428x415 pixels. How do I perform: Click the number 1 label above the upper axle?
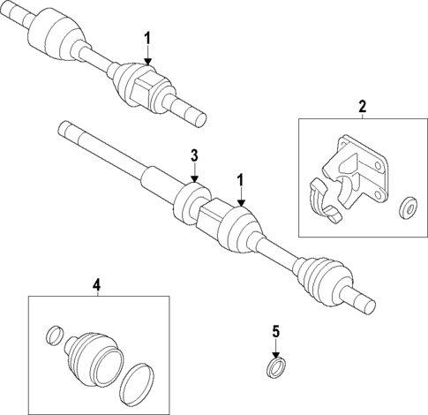[x=148, y=39]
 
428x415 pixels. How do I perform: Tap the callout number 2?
[x=362, y=107]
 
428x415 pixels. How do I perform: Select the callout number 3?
[x=195, y=156]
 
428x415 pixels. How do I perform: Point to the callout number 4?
[x=97, y=283]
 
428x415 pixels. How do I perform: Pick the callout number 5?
[x=275, y=332]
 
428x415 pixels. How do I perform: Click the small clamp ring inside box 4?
[x=54, y=336]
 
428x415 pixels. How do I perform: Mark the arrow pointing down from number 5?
[x=275, y=349]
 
